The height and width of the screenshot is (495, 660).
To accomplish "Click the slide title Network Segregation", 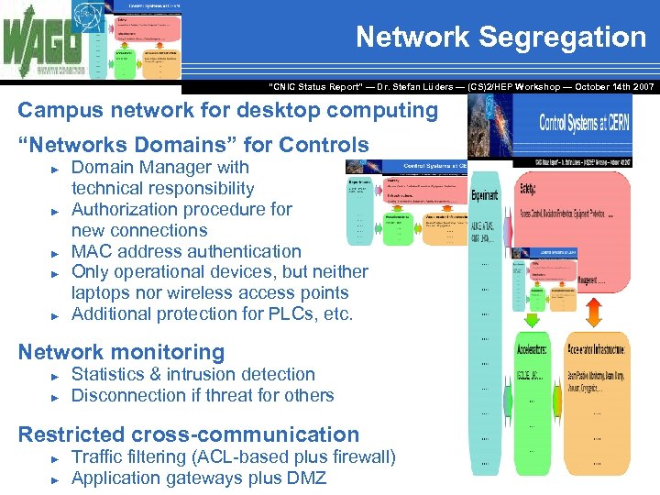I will [500, 38].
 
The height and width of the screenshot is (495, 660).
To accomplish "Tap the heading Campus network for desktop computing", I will [228, 111].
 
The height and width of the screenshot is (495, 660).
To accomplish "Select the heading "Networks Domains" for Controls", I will [193, 145].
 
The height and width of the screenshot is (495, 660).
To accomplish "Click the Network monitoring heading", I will [121, 352].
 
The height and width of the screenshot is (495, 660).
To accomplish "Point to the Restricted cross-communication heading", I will [188, 434].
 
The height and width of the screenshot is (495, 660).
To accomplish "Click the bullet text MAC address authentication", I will [186, 251].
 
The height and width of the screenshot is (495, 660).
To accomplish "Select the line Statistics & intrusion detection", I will [192, 374].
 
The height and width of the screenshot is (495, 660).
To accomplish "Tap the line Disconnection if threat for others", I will [202, 395].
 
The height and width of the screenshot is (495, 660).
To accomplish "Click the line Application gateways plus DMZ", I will [198, 478].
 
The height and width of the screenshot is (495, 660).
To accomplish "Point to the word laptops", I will [104, 293].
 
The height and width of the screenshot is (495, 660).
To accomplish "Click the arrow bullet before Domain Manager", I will [56, 169].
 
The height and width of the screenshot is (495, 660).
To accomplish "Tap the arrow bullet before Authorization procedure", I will [56, 210].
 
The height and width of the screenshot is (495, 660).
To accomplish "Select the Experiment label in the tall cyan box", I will [485, 195].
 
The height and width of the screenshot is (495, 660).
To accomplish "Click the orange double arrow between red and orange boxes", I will [591, 312].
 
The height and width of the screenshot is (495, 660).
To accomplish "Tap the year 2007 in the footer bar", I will [641, 86].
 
